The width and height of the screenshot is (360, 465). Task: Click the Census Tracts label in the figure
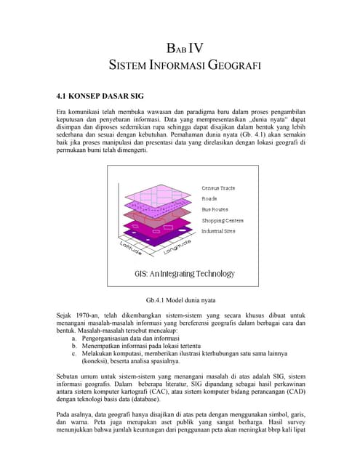coord(218,188)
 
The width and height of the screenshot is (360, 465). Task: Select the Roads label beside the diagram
coord(209,198)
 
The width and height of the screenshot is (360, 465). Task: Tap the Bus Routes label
coord(215,209)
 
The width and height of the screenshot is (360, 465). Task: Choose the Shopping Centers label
coord(223,220)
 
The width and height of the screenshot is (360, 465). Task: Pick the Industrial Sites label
coord(218,231)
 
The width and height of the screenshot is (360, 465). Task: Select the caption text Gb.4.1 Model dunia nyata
coord(180,299)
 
